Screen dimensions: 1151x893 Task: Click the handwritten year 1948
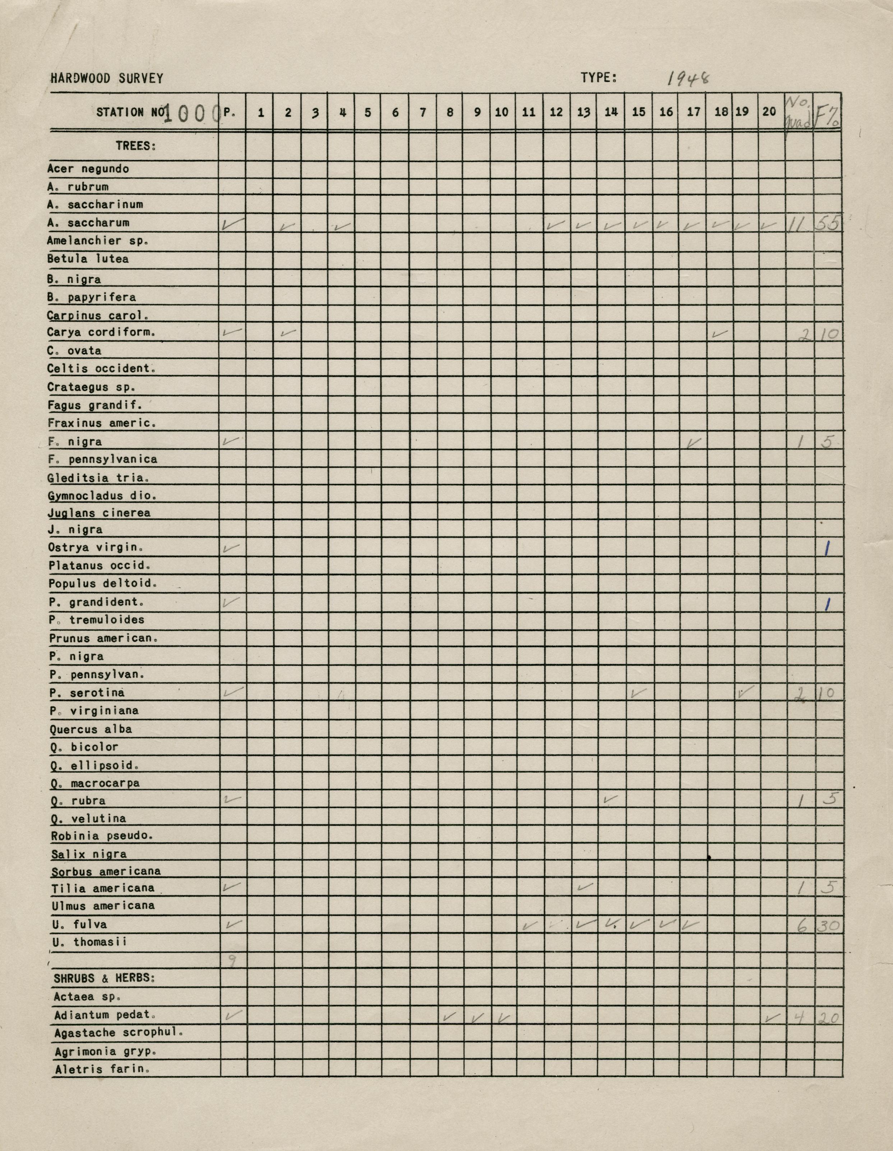[688, 79]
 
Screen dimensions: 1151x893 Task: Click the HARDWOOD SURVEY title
[107, 79]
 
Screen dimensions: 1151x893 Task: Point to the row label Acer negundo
[88, 168]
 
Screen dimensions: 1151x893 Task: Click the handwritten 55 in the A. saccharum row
[828, 225]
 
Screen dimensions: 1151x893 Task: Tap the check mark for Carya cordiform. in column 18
[720, 334]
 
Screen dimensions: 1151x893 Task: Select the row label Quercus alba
[91, 729]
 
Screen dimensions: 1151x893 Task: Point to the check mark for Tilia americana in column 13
[584, 887]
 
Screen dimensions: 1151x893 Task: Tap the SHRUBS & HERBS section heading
[104, 978]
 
